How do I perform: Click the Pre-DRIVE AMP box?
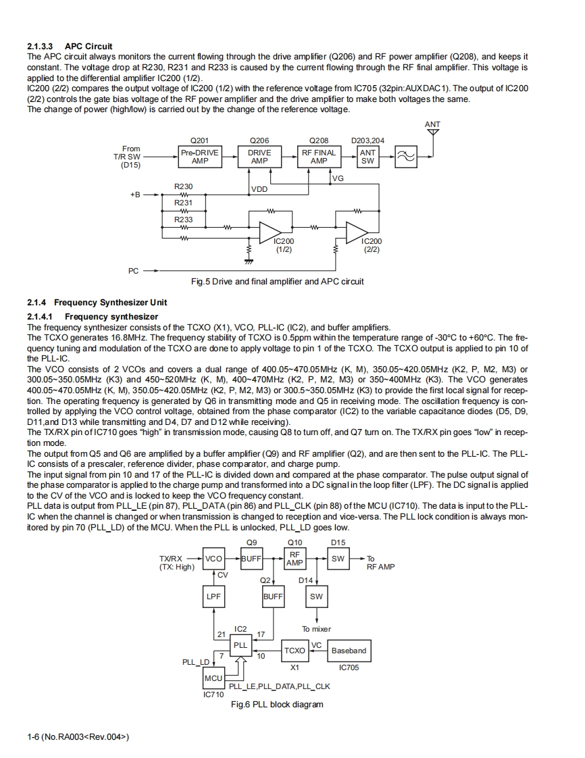coord(200,157)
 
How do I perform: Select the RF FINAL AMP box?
coord(319,157)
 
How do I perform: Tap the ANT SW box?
coord(367,157)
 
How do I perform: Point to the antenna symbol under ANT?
coord(433,132)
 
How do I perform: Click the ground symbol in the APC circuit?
coord(249,259)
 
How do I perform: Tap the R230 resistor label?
coord(183,186)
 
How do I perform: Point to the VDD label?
coord(259,189)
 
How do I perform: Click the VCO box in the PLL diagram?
coord(213,559)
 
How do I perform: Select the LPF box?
coord(213,597)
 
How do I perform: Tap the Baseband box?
coord(349,651)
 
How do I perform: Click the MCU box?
coord(213,678)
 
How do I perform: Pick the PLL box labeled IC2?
coord(240,645)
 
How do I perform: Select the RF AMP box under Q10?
coord(295,559)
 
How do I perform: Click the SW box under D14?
coord(316,597)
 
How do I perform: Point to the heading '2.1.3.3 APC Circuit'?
coord(70,46)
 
